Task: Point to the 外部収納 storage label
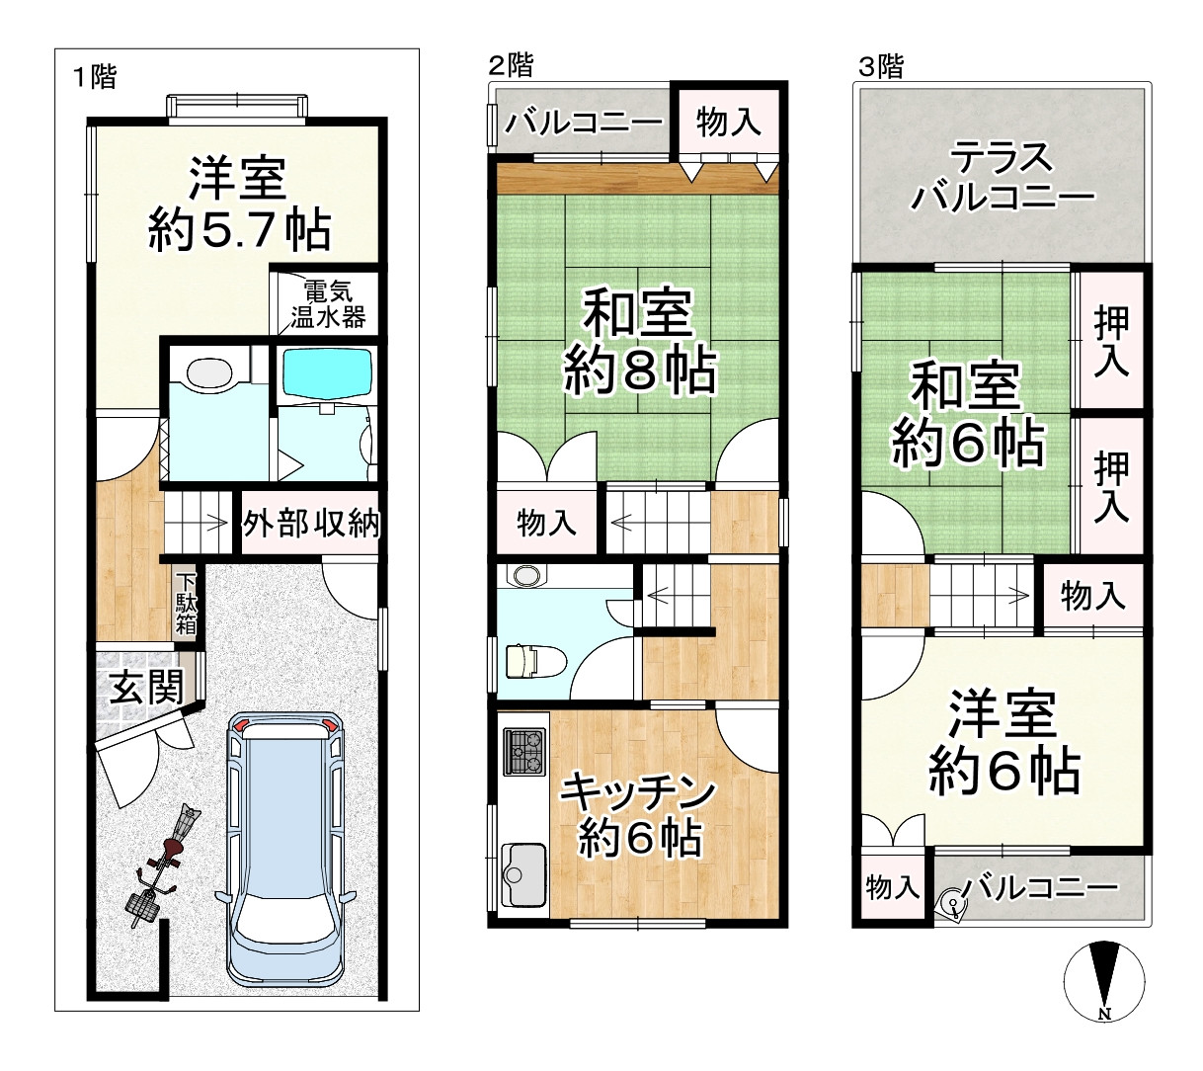311,524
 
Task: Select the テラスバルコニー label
1002,178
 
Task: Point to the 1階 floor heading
95,77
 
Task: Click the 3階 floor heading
880,66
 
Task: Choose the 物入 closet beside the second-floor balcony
728,123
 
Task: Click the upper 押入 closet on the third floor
1112,340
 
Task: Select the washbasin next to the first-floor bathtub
208,374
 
